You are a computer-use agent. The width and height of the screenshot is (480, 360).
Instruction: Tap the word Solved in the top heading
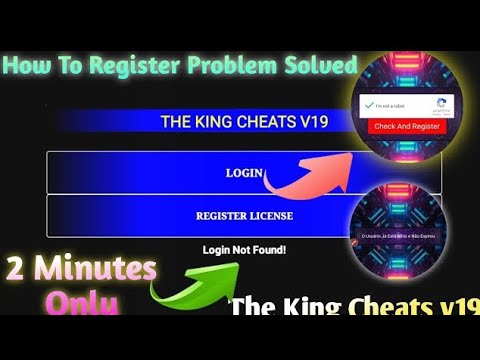tap(319, 66)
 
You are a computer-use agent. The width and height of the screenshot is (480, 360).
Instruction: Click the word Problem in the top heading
tap(241, 66)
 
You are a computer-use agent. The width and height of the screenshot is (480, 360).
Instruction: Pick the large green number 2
tap(17, 270)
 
